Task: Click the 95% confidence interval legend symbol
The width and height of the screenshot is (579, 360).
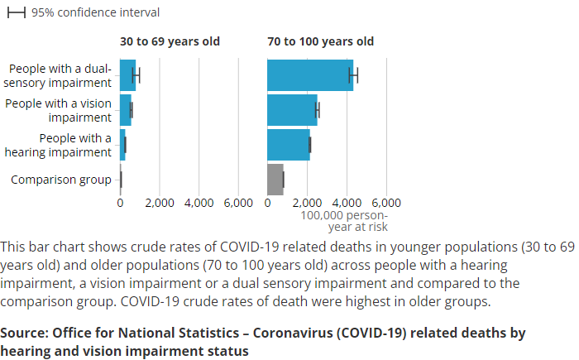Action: coord(17,13)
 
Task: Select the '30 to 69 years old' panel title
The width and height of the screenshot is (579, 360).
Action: coord(170,41)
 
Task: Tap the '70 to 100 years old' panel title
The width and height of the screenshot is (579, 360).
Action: coord(320,41)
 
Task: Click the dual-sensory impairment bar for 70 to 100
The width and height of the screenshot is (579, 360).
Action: coord(309,75)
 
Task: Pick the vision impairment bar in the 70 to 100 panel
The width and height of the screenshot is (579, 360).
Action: coord(292,110)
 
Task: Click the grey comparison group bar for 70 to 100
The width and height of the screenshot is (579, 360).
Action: coord(275,179)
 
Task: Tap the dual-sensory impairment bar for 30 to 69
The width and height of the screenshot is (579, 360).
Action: coord(127,75)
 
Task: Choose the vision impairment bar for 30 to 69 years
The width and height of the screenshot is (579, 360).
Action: coord(125,110)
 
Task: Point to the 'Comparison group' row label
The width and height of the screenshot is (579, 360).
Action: coord(60,180)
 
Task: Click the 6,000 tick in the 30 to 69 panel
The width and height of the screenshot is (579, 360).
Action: coord(239,203)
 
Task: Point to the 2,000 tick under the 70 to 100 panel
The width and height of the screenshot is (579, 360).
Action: coord(307,203)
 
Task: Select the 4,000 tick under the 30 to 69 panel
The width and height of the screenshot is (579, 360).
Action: coord(199,203)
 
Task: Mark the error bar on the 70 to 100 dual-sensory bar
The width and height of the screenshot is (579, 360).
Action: coord(353,75)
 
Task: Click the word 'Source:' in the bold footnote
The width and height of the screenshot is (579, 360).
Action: coord(23,333)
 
